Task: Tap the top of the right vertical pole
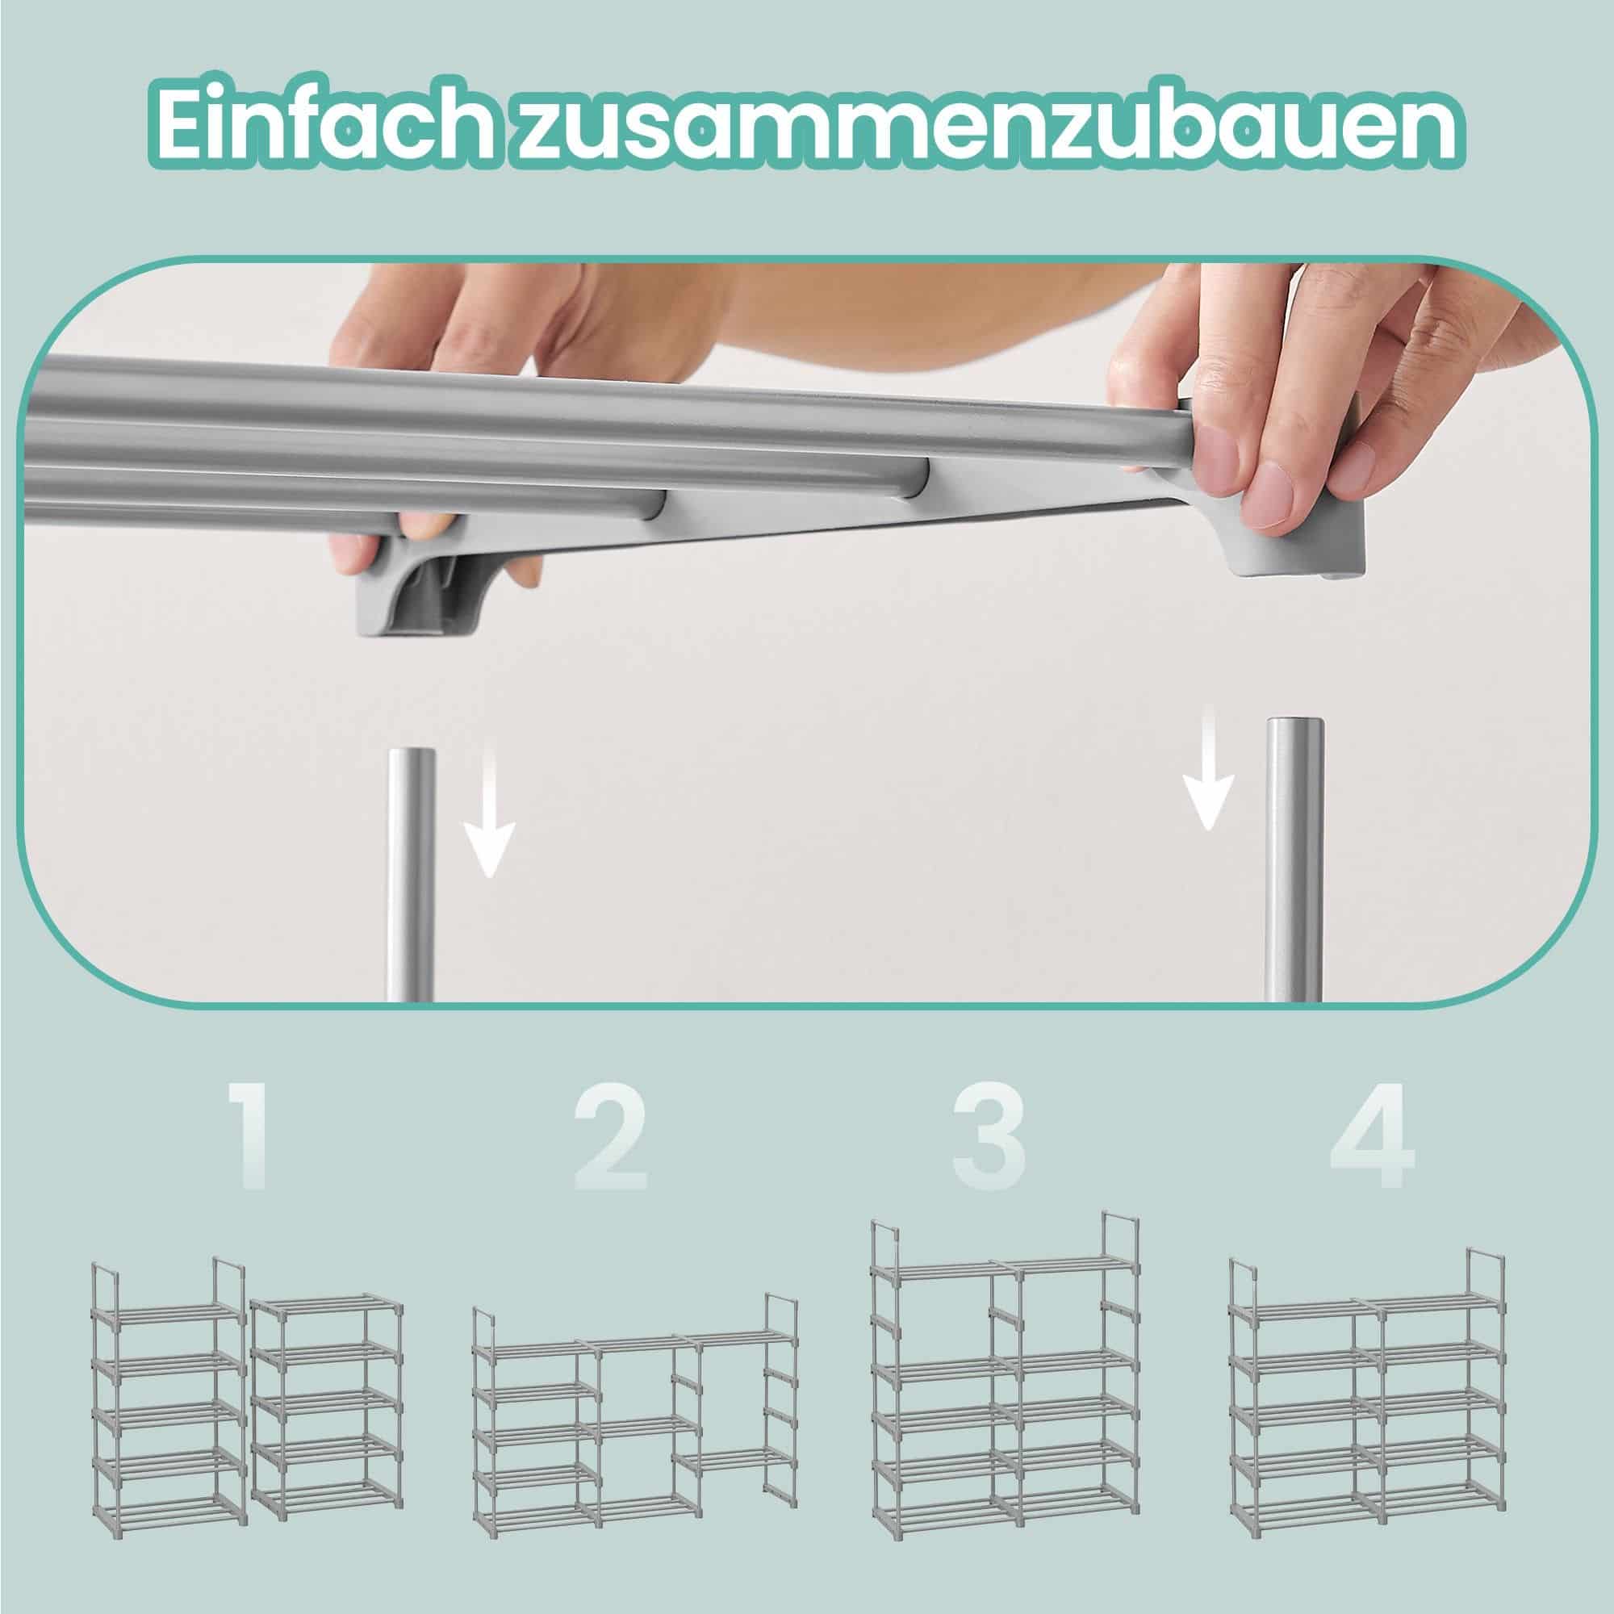(1295, 727)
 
